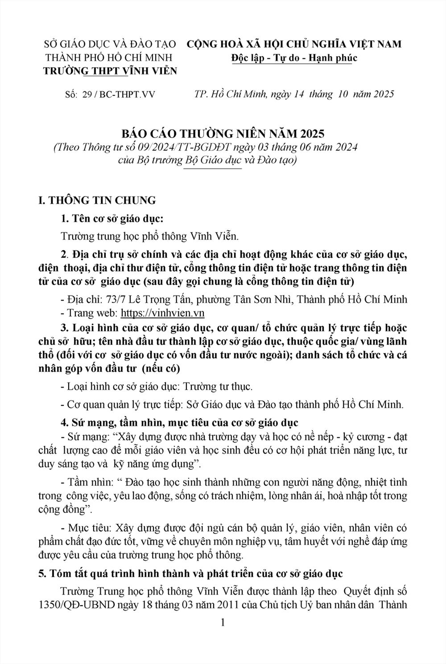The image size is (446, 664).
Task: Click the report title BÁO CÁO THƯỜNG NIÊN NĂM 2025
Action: (223, 133)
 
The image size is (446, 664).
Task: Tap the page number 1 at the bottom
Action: (223, 622)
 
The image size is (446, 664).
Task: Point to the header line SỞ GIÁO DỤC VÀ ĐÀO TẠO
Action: (110, 44)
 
